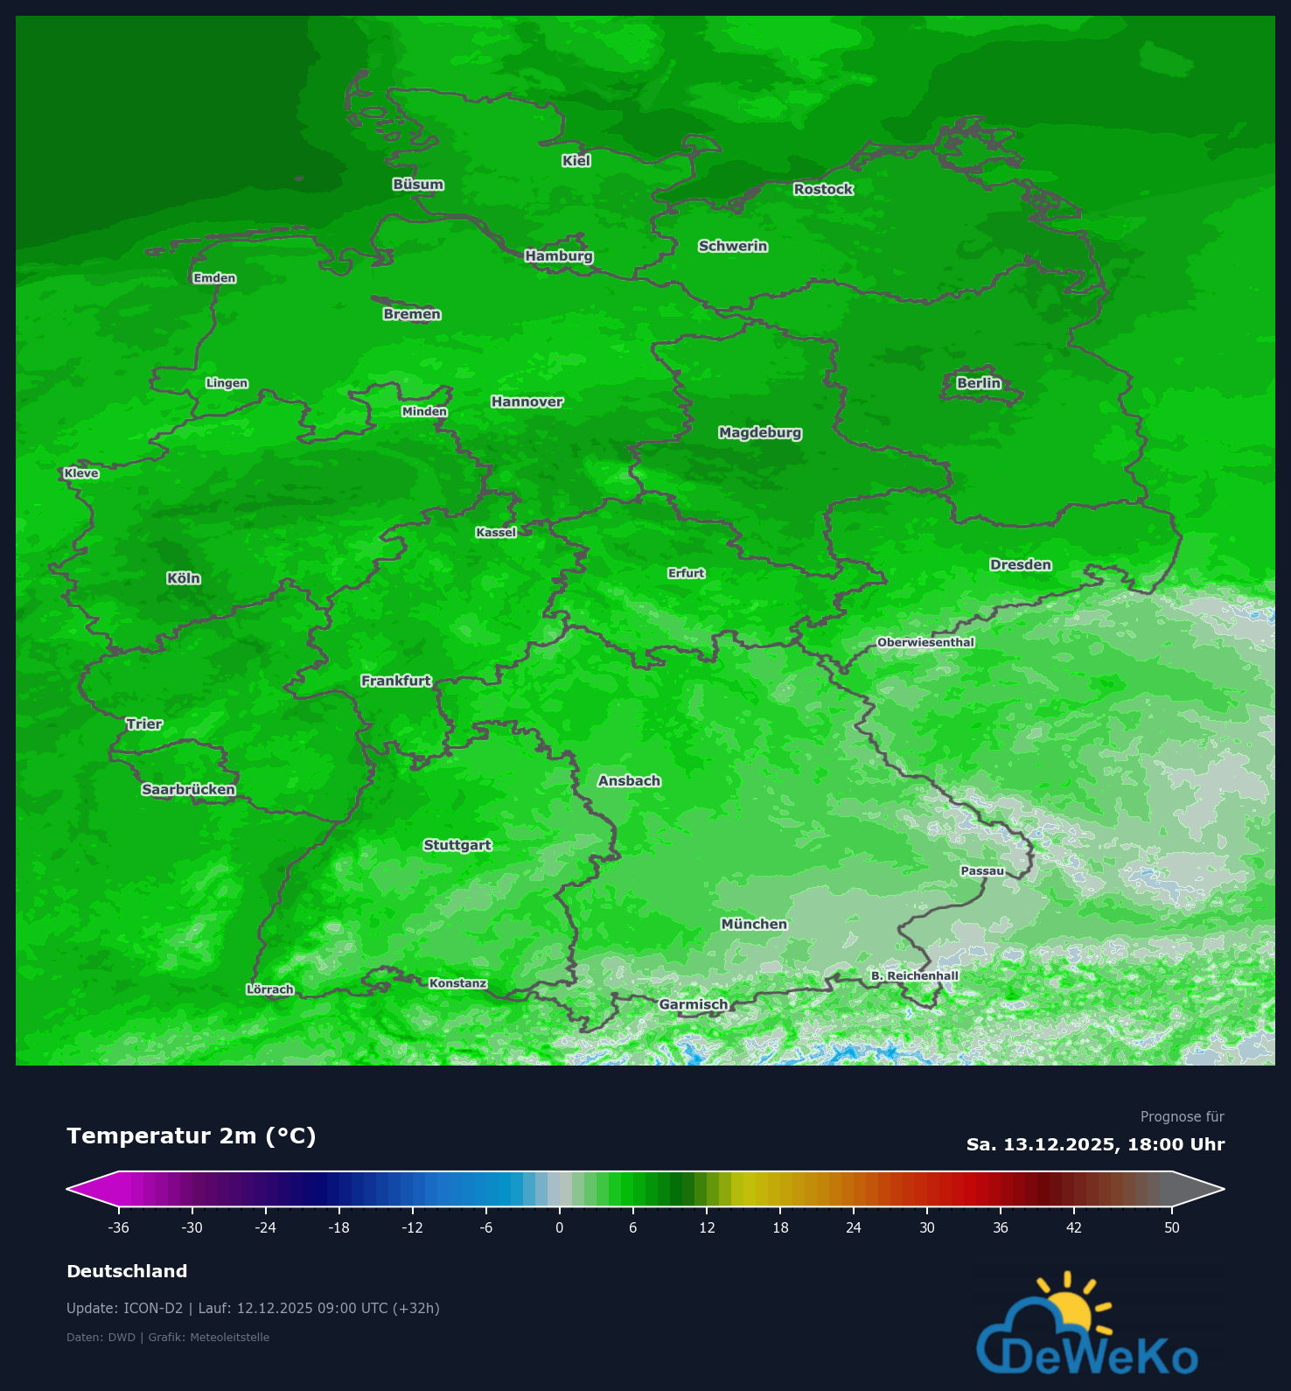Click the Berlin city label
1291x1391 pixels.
[978, 383]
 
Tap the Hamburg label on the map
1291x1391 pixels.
[559, 256]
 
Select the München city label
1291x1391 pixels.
[754, 924]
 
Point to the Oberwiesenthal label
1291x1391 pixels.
[925, 642]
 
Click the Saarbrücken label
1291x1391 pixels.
[188, 790]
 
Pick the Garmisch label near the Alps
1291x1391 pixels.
[693, 1004]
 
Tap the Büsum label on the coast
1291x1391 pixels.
[418, 185]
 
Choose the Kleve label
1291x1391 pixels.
[81, 473]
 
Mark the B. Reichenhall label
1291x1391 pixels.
[914, 975]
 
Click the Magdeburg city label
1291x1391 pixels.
[759, 433]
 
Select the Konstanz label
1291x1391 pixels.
[457, 983]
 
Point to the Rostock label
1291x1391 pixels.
[823, 189]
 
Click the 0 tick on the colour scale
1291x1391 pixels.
[560, 1227]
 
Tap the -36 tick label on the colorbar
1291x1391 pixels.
[118, 1227]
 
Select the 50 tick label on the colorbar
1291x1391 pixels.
[1171, 1227]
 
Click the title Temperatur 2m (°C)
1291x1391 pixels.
[191, 1136]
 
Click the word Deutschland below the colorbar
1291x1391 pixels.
[127, 1271]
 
